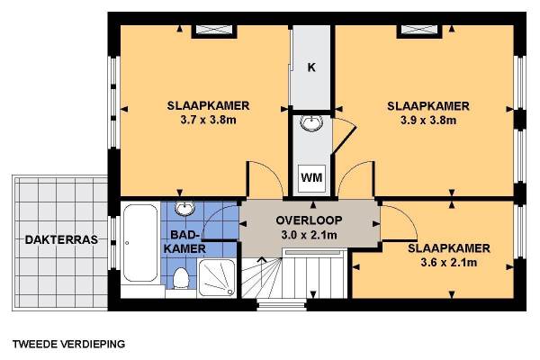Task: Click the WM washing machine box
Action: point(311,178)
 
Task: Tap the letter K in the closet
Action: point(311,67)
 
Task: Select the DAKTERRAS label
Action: point(61,239)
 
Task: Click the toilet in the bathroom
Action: point(181,278)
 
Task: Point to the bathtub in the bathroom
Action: point(140,243)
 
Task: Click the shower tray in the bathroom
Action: point(217,278)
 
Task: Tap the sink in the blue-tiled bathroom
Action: point(184,209)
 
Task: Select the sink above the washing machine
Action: point(311,122)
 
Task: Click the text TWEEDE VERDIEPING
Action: point(69,344)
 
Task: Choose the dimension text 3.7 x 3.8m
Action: point(209,121)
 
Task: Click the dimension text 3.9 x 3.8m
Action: point(428,121)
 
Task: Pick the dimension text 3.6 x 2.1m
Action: point(449,263)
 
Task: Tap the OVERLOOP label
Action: point(309,220)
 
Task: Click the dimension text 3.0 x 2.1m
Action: point(309,235)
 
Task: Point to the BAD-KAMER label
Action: point(184,241)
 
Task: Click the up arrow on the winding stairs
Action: point(262,259)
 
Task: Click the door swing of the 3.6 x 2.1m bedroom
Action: point(407,214)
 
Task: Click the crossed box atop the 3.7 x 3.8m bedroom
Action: point(214,30)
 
